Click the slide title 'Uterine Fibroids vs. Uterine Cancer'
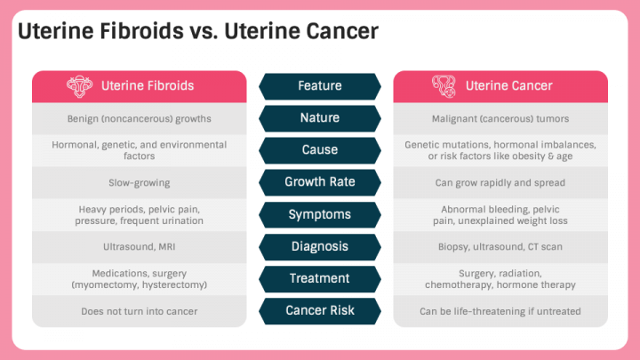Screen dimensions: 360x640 (198, 31)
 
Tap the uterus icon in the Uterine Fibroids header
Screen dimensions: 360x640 (79, 86)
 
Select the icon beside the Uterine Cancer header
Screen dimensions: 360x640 (444, 86)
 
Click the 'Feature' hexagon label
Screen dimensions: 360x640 (320, 86)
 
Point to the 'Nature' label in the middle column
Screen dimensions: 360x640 (320, 118)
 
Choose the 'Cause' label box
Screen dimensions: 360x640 (320, 150)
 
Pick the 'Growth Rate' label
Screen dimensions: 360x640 (320, 182)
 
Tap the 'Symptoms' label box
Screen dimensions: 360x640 (320, 214)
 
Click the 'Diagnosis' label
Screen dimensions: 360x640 (320, 246)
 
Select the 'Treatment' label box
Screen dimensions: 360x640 (320, 278)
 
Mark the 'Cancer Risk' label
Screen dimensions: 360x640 (320, 310)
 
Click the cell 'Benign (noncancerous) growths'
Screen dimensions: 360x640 (140, 118)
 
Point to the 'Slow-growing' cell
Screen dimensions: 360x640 (140, 183)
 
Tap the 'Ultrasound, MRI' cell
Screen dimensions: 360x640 (140, 247)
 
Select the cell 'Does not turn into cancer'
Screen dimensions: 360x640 (140, 311)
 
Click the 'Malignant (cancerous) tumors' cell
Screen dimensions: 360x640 (500, 118)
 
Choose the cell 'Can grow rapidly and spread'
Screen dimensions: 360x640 (500, 183)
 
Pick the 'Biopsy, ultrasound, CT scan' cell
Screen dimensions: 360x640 (500, 247)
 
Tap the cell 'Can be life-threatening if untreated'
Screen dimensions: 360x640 (500, 311)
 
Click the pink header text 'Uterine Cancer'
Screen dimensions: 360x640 (508, 86)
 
